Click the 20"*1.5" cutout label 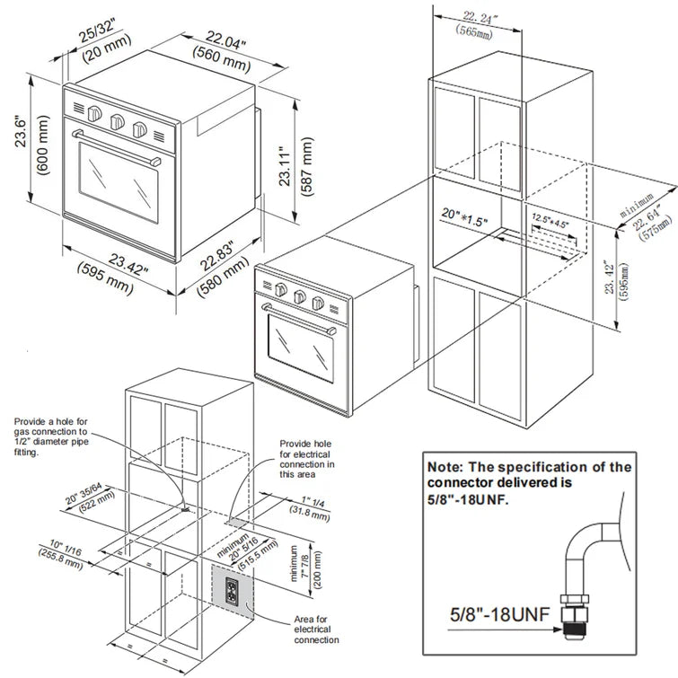click(x=463, y=217)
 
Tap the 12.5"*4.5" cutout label click(x=550, y=219)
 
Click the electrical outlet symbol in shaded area click(x=230, y=590)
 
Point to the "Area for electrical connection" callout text click(x=317, y=629)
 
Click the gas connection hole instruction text click(x=51, y=437)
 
